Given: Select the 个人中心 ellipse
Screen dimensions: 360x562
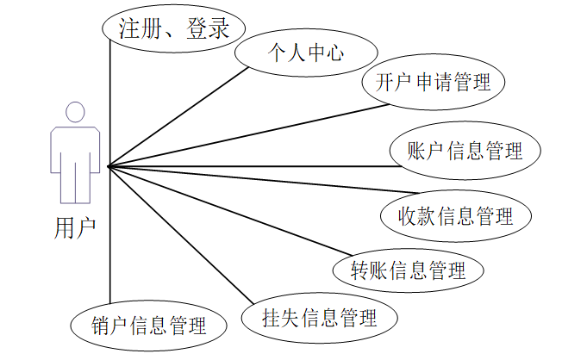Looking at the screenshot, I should click(x=304, y=53).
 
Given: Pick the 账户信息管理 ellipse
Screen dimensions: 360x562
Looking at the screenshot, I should click(x=465, y=151).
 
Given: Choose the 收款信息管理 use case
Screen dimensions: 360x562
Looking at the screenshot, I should click(x=454, y=214).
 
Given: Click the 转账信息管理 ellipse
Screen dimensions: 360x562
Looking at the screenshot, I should click(x=408, y=270).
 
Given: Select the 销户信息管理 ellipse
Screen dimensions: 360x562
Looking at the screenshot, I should click(x=148, y=326).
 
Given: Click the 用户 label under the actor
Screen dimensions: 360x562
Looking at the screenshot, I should click(x=75, y=228).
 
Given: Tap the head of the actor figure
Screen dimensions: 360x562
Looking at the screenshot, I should click(x=75, y=113).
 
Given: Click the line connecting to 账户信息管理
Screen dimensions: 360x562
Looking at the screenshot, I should click(x=250, y=164).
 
